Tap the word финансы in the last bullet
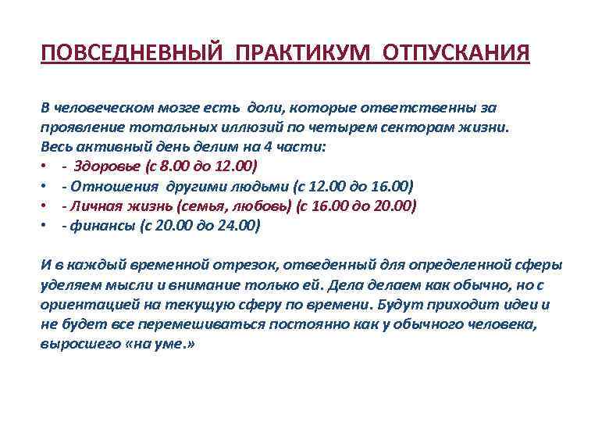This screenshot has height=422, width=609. (98, 226)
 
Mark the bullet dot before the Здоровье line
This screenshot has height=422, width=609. (45, 167)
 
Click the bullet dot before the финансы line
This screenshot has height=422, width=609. (45, 227)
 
